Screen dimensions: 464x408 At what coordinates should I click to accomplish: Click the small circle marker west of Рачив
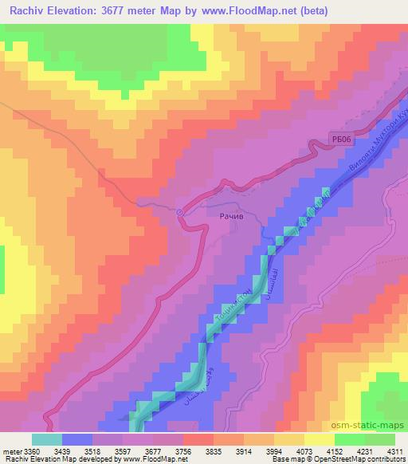[180, 212]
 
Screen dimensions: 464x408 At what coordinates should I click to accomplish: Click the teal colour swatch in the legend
[47, 438]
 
